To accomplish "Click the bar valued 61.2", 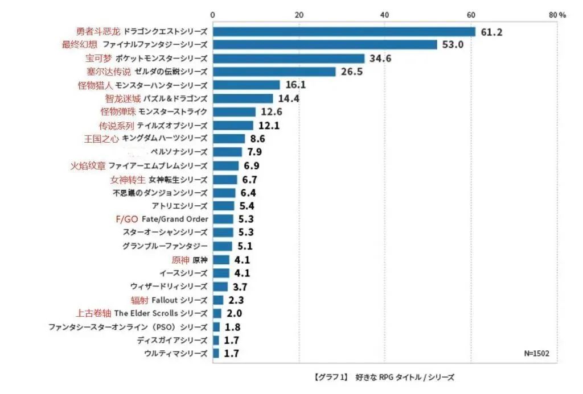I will point(343,31).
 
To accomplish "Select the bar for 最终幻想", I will point(325,44).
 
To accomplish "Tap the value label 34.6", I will point(380,58).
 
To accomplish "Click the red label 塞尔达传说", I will point(105,72).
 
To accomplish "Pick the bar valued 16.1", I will point(246,85).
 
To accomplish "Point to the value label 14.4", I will point(288,98).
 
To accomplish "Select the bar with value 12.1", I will point(233,125).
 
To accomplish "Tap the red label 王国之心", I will point(101,138).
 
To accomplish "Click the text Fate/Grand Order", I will point(175,219).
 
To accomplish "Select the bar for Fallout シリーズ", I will point(217,300).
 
